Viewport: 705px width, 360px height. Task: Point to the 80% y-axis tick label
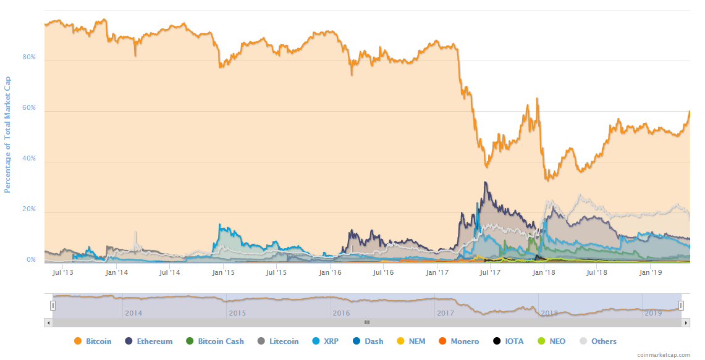pyautogui.click(x=28, y=57)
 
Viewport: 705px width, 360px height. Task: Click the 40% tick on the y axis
pyautogui.click(x=28, y=159)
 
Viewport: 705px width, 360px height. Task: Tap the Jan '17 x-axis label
pyautogui.click(x=437, y=272)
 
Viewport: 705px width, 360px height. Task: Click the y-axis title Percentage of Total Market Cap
pyautogui.click(x=8, y=135)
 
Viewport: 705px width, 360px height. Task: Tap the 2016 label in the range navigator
pyautogui.click(x=341, y=313)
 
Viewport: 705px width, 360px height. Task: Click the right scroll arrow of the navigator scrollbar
pyautogui.click(x=685, y=322)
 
